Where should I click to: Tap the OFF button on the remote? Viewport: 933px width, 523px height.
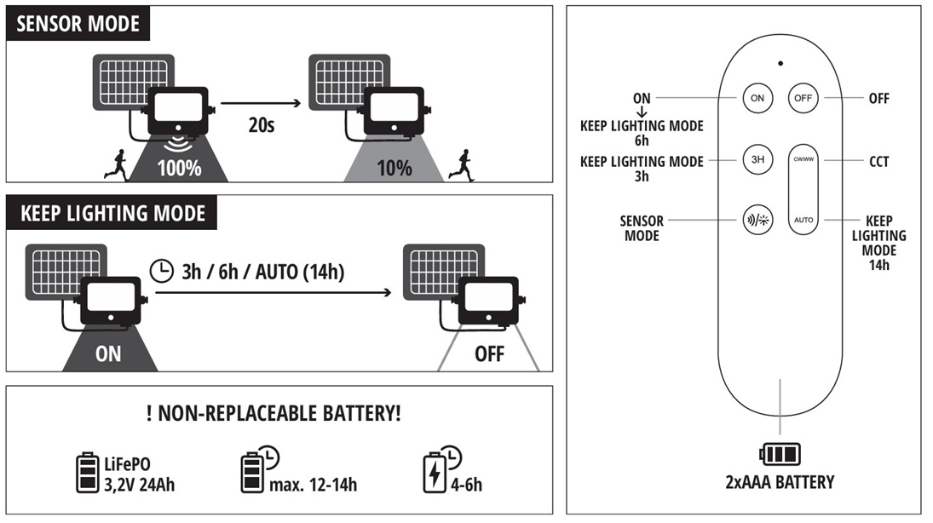[803, 98]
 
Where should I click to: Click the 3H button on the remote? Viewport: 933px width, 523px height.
[757, 159]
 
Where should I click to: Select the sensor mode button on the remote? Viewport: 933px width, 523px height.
[757, 220]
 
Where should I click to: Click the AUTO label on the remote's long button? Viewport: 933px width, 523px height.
[803, 220]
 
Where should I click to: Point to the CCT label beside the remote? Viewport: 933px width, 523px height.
[878, 160]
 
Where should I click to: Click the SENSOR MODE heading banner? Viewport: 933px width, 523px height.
[78, 24]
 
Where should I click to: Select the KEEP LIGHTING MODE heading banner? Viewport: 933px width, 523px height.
[112, 212]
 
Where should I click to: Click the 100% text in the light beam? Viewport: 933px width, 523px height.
[179, 168]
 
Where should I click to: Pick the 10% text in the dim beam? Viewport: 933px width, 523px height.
[394, 168]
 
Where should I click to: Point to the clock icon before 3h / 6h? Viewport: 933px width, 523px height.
[160, 271]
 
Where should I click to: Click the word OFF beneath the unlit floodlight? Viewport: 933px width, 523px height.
[489, 353]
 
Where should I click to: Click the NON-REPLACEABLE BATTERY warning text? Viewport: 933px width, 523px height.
[274, 415]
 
